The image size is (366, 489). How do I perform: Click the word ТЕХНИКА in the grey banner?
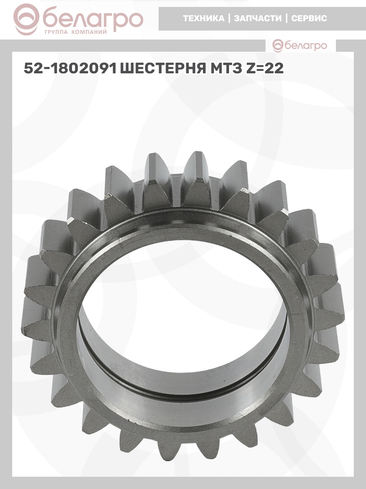[204, 18]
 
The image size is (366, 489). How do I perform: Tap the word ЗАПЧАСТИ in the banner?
[258, 18]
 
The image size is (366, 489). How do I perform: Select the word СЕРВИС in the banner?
[309, 18]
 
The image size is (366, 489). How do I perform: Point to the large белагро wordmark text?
[93, 20]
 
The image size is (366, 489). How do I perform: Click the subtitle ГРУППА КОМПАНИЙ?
[76, 32]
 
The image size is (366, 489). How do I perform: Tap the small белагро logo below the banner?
[300, 46]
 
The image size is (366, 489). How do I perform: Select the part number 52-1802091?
[70, 68]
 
